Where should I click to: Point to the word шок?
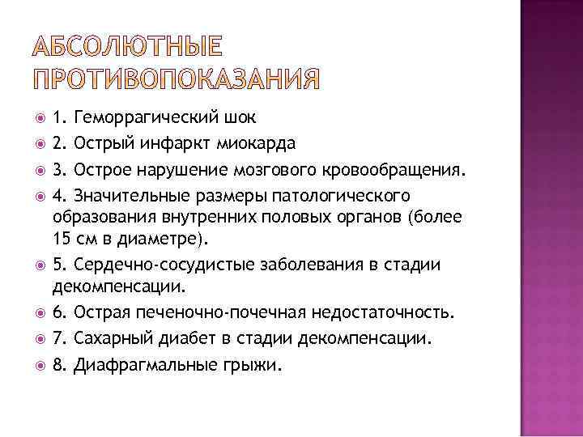tap(243, 119)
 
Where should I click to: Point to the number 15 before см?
tap(62, 239)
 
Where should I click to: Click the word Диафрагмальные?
tap(141, 364)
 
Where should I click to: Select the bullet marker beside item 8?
tap(39, 365)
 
